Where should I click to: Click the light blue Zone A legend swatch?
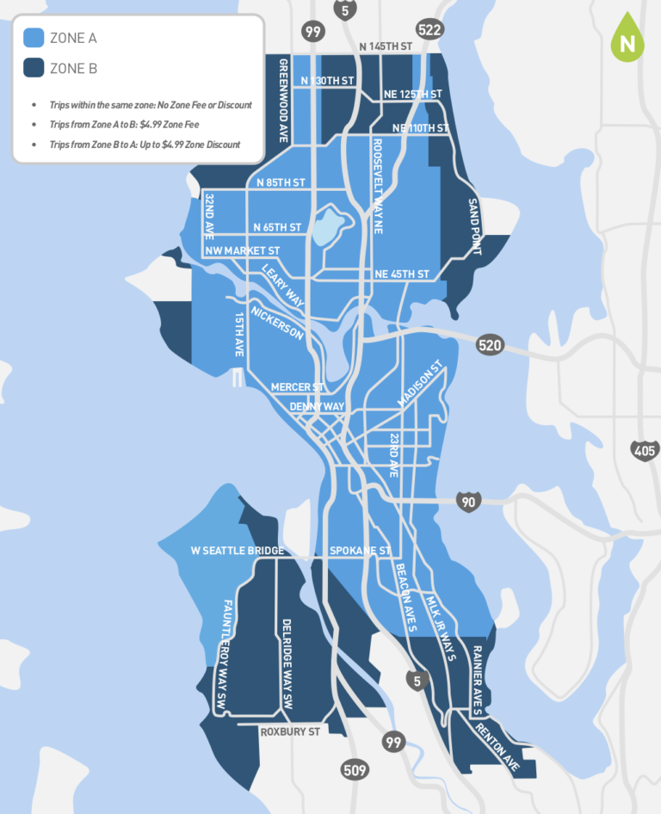(x=33, y=38)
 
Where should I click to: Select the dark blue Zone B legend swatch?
(x=33, y=68)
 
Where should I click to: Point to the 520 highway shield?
(x=489, y=345)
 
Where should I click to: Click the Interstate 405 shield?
(x=646, y=450)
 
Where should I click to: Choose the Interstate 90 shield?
(x=468, y=502)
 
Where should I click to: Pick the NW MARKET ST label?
(x=243, y=250)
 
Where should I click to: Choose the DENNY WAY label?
(x=317, y=406)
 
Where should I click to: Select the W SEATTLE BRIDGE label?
(x=237, y=551)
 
